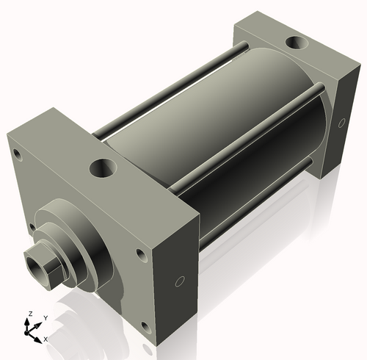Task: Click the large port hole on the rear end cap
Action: (299, 44)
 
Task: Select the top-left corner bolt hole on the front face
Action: (14, 153)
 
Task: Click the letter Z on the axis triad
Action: (30, 314)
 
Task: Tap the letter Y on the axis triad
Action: (46, 317)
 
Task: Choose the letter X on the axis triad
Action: (46, 339)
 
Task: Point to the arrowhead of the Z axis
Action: (30, 320)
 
